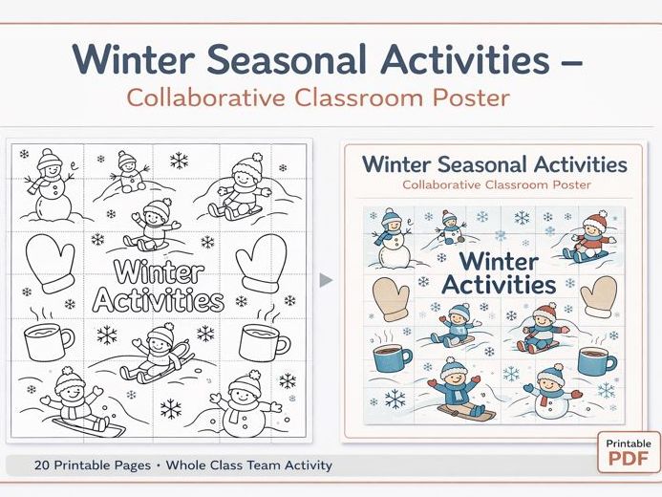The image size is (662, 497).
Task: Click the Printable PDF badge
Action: tap(628, 452)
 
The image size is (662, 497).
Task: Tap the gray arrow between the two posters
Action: tap(326, 280)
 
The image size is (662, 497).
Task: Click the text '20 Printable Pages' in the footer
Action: tap(93, 465)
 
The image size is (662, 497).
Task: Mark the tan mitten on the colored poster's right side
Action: tap(598, 295)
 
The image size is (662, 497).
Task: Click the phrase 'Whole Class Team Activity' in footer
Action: tap(248, 465)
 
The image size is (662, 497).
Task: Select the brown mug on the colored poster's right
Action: tap(592, 360)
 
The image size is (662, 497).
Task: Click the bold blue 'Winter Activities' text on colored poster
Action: tap(497, 272)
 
